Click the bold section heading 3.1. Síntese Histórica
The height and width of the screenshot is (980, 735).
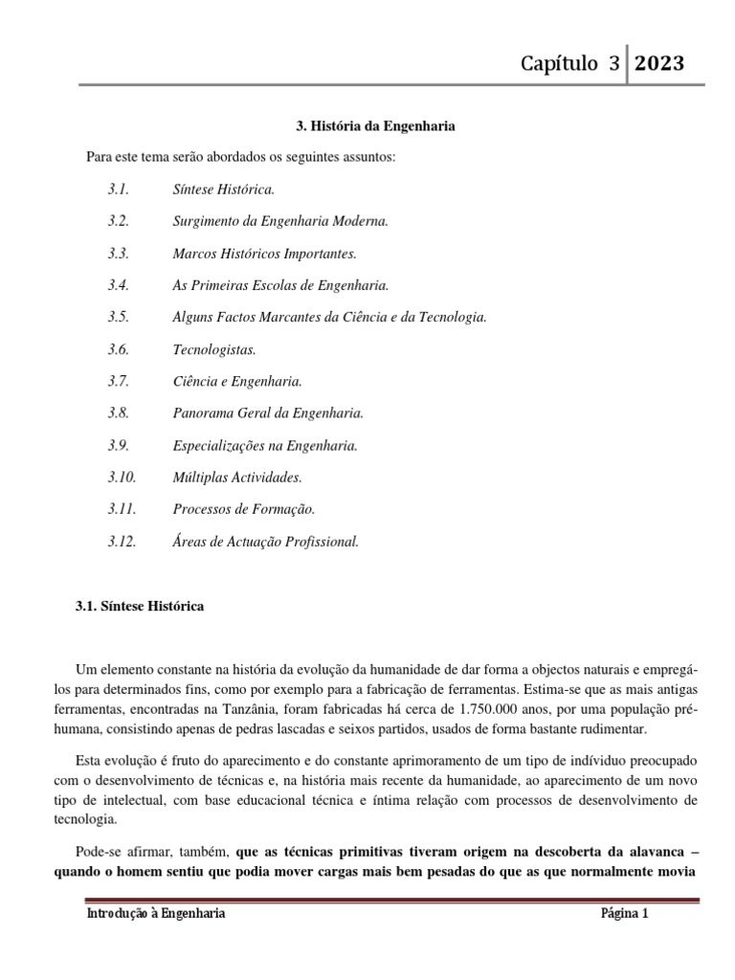[140, 607]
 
